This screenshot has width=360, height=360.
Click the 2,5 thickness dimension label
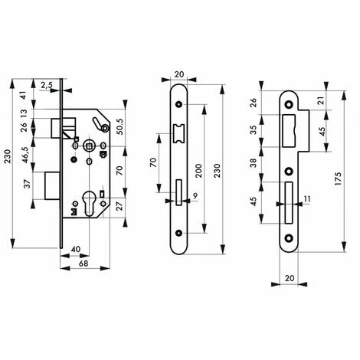click(47, 85)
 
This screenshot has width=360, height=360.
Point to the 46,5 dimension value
click(25, 155)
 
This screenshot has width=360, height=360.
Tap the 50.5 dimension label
click(119, 126)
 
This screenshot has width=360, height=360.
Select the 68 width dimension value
click(83, 263)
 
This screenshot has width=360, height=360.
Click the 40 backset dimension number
click(75, 249)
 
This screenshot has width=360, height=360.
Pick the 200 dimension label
click(198, 171)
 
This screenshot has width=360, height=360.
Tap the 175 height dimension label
click(338, 178)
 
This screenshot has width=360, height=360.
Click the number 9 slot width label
click(195, 196)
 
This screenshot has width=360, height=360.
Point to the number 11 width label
click(307, 198)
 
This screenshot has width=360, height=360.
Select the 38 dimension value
click(254, 162)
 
